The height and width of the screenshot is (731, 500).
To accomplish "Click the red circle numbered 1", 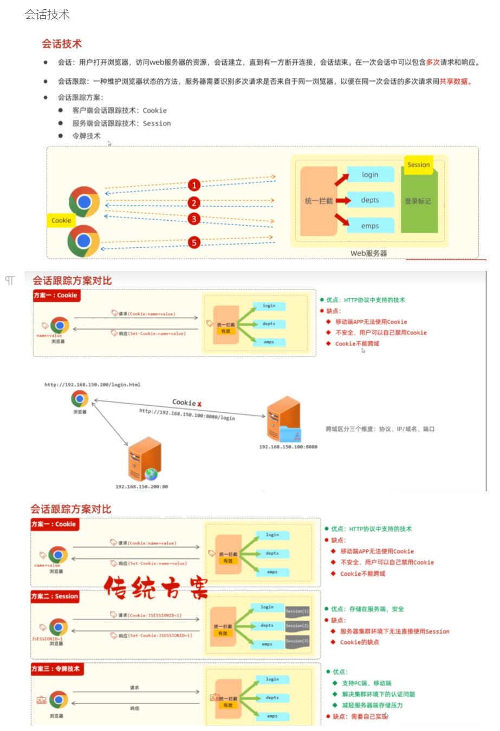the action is [194, 185].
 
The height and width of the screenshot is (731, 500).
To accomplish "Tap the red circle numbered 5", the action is [194, 242].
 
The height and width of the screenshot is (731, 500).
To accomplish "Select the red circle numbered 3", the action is [194, 219].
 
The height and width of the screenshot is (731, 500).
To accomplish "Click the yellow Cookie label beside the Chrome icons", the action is [61, 220].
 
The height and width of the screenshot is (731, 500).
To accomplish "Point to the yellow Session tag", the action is [419, 165].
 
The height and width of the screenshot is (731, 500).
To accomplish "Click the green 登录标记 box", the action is [418, 201].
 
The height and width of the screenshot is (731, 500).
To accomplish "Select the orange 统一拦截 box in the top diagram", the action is [319, 201].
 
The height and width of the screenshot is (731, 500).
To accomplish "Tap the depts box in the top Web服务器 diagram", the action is [370, 200].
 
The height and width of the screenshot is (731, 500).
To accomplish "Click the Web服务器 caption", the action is [368, 253].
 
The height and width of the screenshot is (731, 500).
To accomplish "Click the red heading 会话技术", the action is [62, 44].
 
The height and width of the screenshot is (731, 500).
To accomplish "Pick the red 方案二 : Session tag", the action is [55, 596].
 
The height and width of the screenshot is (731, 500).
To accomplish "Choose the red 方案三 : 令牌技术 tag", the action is [56, 669].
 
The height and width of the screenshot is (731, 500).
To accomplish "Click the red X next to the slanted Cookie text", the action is [199, 404].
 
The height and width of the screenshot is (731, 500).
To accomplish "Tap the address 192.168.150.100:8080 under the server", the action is [288, 447].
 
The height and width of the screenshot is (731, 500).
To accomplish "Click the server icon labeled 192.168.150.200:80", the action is [144, 460].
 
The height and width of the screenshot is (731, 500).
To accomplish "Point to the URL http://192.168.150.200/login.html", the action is [92, 385].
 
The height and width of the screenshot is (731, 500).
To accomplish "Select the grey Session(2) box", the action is [297, 626].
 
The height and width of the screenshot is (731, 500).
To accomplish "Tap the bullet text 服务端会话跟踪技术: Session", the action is [121, 123].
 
